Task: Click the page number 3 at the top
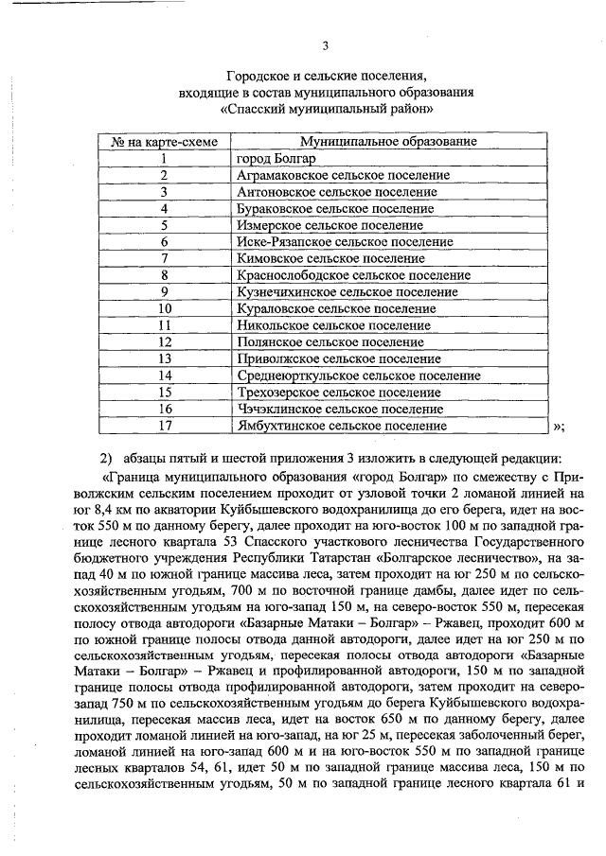326,45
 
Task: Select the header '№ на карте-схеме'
165,142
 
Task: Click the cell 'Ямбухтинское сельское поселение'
329,426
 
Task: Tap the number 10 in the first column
165,308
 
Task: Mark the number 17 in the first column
165,426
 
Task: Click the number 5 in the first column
165,225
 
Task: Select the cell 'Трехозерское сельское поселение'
326,393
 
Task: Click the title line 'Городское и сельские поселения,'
326,75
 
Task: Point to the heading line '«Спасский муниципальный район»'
326,108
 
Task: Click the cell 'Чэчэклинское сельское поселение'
327,409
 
